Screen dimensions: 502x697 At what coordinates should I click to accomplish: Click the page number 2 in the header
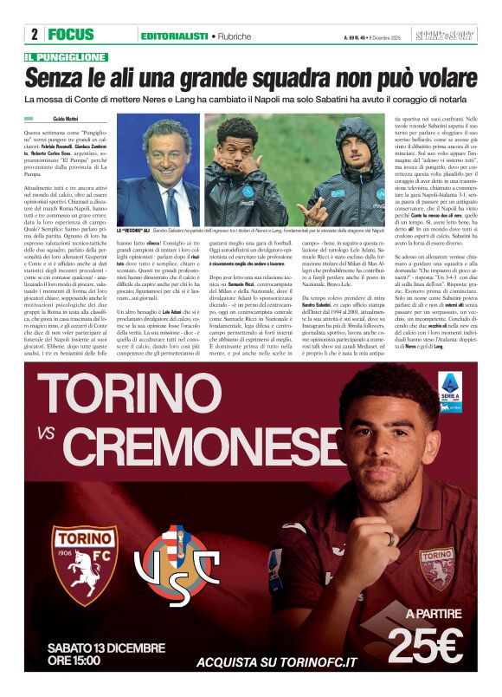coord(33,36)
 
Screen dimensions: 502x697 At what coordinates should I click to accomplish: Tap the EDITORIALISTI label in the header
coord(173,36)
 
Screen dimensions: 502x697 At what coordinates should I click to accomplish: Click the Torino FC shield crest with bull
coord(84,564)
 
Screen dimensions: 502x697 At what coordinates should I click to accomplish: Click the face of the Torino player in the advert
coord(369,449)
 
